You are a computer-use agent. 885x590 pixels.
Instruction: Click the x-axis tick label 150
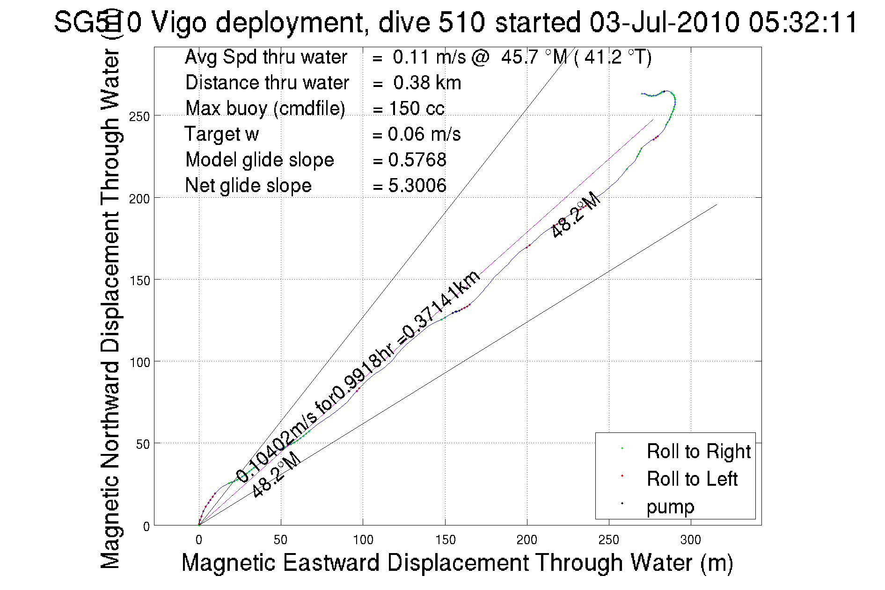pos(445,540)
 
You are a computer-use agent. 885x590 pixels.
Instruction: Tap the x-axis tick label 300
pos(690,540)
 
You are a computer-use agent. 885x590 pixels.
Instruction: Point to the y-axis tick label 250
pos(139,116)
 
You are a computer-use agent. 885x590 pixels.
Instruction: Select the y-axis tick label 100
pos(139,362)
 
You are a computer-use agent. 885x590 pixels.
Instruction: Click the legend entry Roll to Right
pos(698,452)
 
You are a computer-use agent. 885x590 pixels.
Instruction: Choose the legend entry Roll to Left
pos(692,479)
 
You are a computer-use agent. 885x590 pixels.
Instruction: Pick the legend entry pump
pos(670,507)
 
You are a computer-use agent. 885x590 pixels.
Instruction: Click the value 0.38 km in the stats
pos(427,83)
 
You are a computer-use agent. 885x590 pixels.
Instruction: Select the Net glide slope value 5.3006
pos(417,186)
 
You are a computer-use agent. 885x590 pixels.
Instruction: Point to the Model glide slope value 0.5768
pos(417,160)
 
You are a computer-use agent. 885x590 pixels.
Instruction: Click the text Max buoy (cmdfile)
pos(265,108)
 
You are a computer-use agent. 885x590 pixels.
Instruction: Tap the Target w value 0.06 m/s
pos(424,134)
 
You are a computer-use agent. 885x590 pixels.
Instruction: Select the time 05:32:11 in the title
pos(803,22)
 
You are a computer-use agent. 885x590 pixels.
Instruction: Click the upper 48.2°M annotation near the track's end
pos(576,215)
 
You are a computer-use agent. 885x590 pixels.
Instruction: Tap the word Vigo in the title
pos(179,22)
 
